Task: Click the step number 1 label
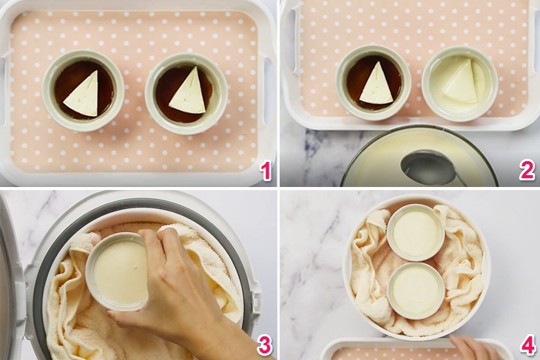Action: click(264, 171)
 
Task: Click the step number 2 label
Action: click(526, 171)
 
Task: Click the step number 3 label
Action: click(264, 345)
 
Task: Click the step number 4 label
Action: click(527, 345)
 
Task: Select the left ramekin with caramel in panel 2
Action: click(374, 82)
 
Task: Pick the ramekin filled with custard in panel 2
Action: click(459, 84)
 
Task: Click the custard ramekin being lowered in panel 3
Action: click(118, 270)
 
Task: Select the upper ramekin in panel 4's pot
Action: click(415, 232)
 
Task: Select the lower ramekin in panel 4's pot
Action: click(415, 290)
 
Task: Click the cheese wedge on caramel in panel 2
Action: click(376, 85)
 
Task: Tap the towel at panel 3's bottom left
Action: click(67, 333)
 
